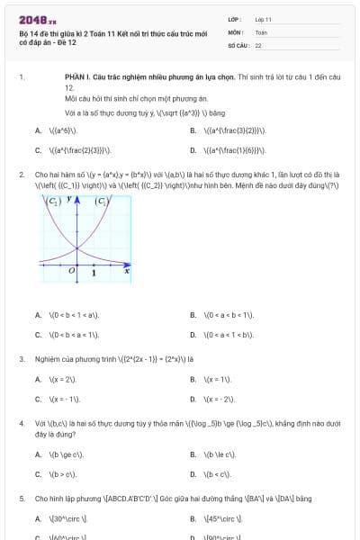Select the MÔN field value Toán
(261, 31)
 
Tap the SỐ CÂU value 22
(258, 44)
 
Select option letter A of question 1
(38, 130)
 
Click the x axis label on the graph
(127, 268)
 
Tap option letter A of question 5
(38, 519)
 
